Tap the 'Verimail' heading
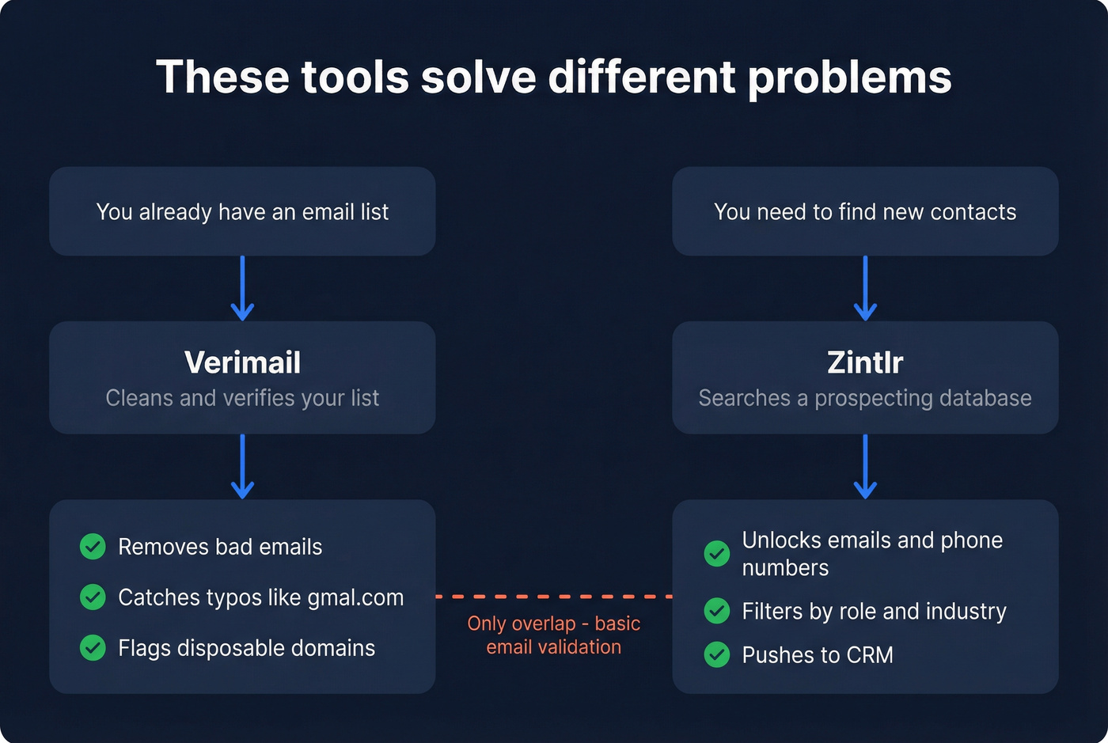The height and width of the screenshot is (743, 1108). (x=242, y=362)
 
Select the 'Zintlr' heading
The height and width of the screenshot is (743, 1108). (x=865, y=362)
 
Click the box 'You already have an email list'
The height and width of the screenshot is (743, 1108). (x=242, y=211)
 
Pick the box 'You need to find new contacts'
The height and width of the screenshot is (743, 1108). (x=865, y=211)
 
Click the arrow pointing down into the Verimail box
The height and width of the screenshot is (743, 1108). (x=242, y=288)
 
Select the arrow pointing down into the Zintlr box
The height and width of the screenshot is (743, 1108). (x=865, y=288)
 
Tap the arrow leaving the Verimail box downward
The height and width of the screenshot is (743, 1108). (x=242, y=466)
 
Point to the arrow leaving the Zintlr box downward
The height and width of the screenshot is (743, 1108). (x=865, y=466)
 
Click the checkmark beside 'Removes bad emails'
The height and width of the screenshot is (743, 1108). (x=93, y=547)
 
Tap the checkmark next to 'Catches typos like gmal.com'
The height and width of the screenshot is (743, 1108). (x=93, y=597)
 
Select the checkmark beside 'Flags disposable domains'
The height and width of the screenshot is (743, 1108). (x=93, y=648)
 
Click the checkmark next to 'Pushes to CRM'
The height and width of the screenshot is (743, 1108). (x=717, y=655)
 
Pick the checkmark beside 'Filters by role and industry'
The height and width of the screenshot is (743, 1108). (x=717, y=611)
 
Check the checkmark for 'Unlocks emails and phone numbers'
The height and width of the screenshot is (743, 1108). (x=717, y=553)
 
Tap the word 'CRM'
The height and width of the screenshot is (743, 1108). (x=870, y=655)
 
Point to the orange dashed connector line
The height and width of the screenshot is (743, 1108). (x=554, y=596)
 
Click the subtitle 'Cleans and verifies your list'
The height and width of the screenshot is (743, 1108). (x=242, y=398)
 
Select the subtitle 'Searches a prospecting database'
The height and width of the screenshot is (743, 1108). (x=865, y=398)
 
